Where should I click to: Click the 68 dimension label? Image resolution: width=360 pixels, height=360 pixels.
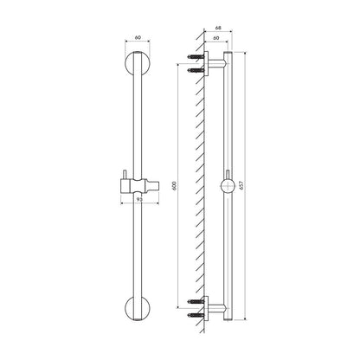(x=218, y=28)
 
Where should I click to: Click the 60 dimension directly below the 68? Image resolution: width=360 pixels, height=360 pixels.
(x=215, y=38)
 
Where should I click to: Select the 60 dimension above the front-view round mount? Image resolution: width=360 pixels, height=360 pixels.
(x=138, y=37)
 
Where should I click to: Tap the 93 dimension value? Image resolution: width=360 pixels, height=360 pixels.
(x=139, y=199)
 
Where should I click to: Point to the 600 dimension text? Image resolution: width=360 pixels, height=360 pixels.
(x=174, y=186)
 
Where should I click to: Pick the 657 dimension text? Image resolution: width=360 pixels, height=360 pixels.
(x=241, y=185)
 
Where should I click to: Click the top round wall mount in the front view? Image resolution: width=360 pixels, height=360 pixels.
(x=138, y=64)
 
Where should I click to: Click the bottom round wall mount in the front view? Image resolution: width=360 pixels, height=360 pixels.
(x=138, y=308)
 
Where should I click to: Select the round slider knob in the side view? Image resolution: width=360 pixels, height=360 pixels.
(x=228, y=186)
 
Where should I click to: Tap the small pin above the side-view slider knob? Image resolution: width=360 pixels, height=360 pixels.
(x=228, y=174)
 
